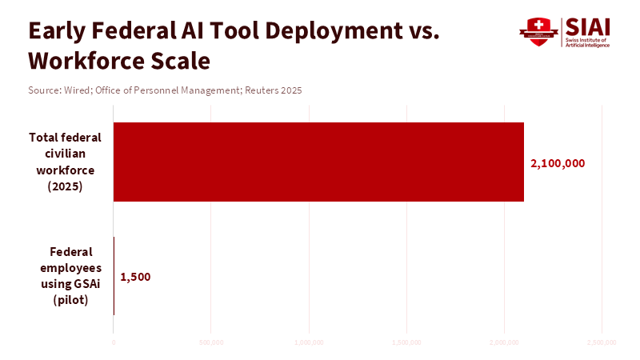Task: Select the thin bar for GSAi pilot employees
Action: click(x=114, y=276)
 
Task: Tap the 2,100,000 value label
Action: click(x=558, y=163)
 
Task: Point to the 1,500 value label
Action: click(x=135, y=278)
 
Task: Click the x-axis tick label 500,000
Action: click(x=210, y=342)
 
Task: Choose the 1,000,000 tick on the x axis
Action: click(x=309, y=342)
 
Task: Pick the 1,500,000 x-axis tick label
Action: click(x=406, y=342)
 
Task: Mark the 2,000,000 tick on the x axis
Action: click(x=504, y=342)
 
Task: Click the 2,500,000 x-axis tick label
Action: click(x=602, y=342)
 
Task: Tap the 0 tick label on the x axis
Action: click(x=114, y=342)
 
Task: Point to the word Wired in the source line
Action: click(x=76, y=90)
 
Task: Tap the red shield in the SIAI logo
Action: click(x=538, y=33)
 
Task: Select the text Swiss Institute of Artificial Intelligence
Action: click(x=587, y=42)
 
